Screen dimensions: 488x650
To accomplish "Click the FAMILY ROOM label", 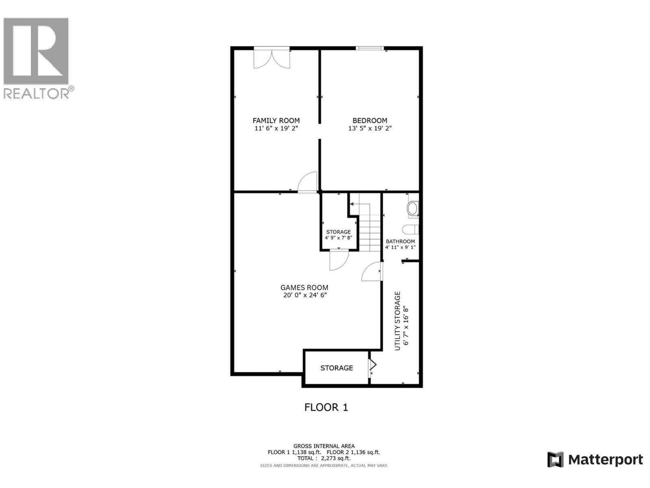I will coord(276,120).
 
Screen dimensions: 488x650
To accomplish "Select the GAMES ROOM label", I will coord(304,288).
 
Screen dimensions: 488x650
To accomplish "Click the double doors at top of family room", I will coord(272,58).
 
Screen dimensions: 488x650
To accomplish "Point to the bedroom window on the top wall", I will coord(370,49).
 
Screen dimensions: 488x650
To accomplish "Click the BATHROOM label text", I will coord(400,242).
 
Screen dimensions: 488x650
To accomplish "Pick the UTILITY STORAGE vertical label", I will coord(398,321).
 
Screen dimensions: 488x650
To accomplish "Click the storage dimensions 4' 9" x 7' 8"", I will coord(338,238).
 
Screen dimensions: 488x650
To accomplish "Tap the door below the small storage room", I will coord(338,260).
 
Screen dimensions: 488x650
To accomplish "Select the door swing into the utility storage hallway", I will coord(372,272).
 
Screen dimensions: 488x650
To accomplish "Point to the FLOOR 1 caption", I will coord(326,407).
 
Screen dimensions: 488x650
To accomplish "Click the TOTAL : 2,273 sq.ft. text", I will coord(324,458).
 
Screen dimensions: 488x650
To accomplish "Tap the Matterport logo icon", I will coord(555,460).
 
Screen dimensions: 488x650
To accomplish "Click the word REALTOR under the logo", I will coord(37,94).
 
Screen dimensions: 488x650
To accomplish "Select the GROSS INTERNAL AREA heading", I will coord(324,446).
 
